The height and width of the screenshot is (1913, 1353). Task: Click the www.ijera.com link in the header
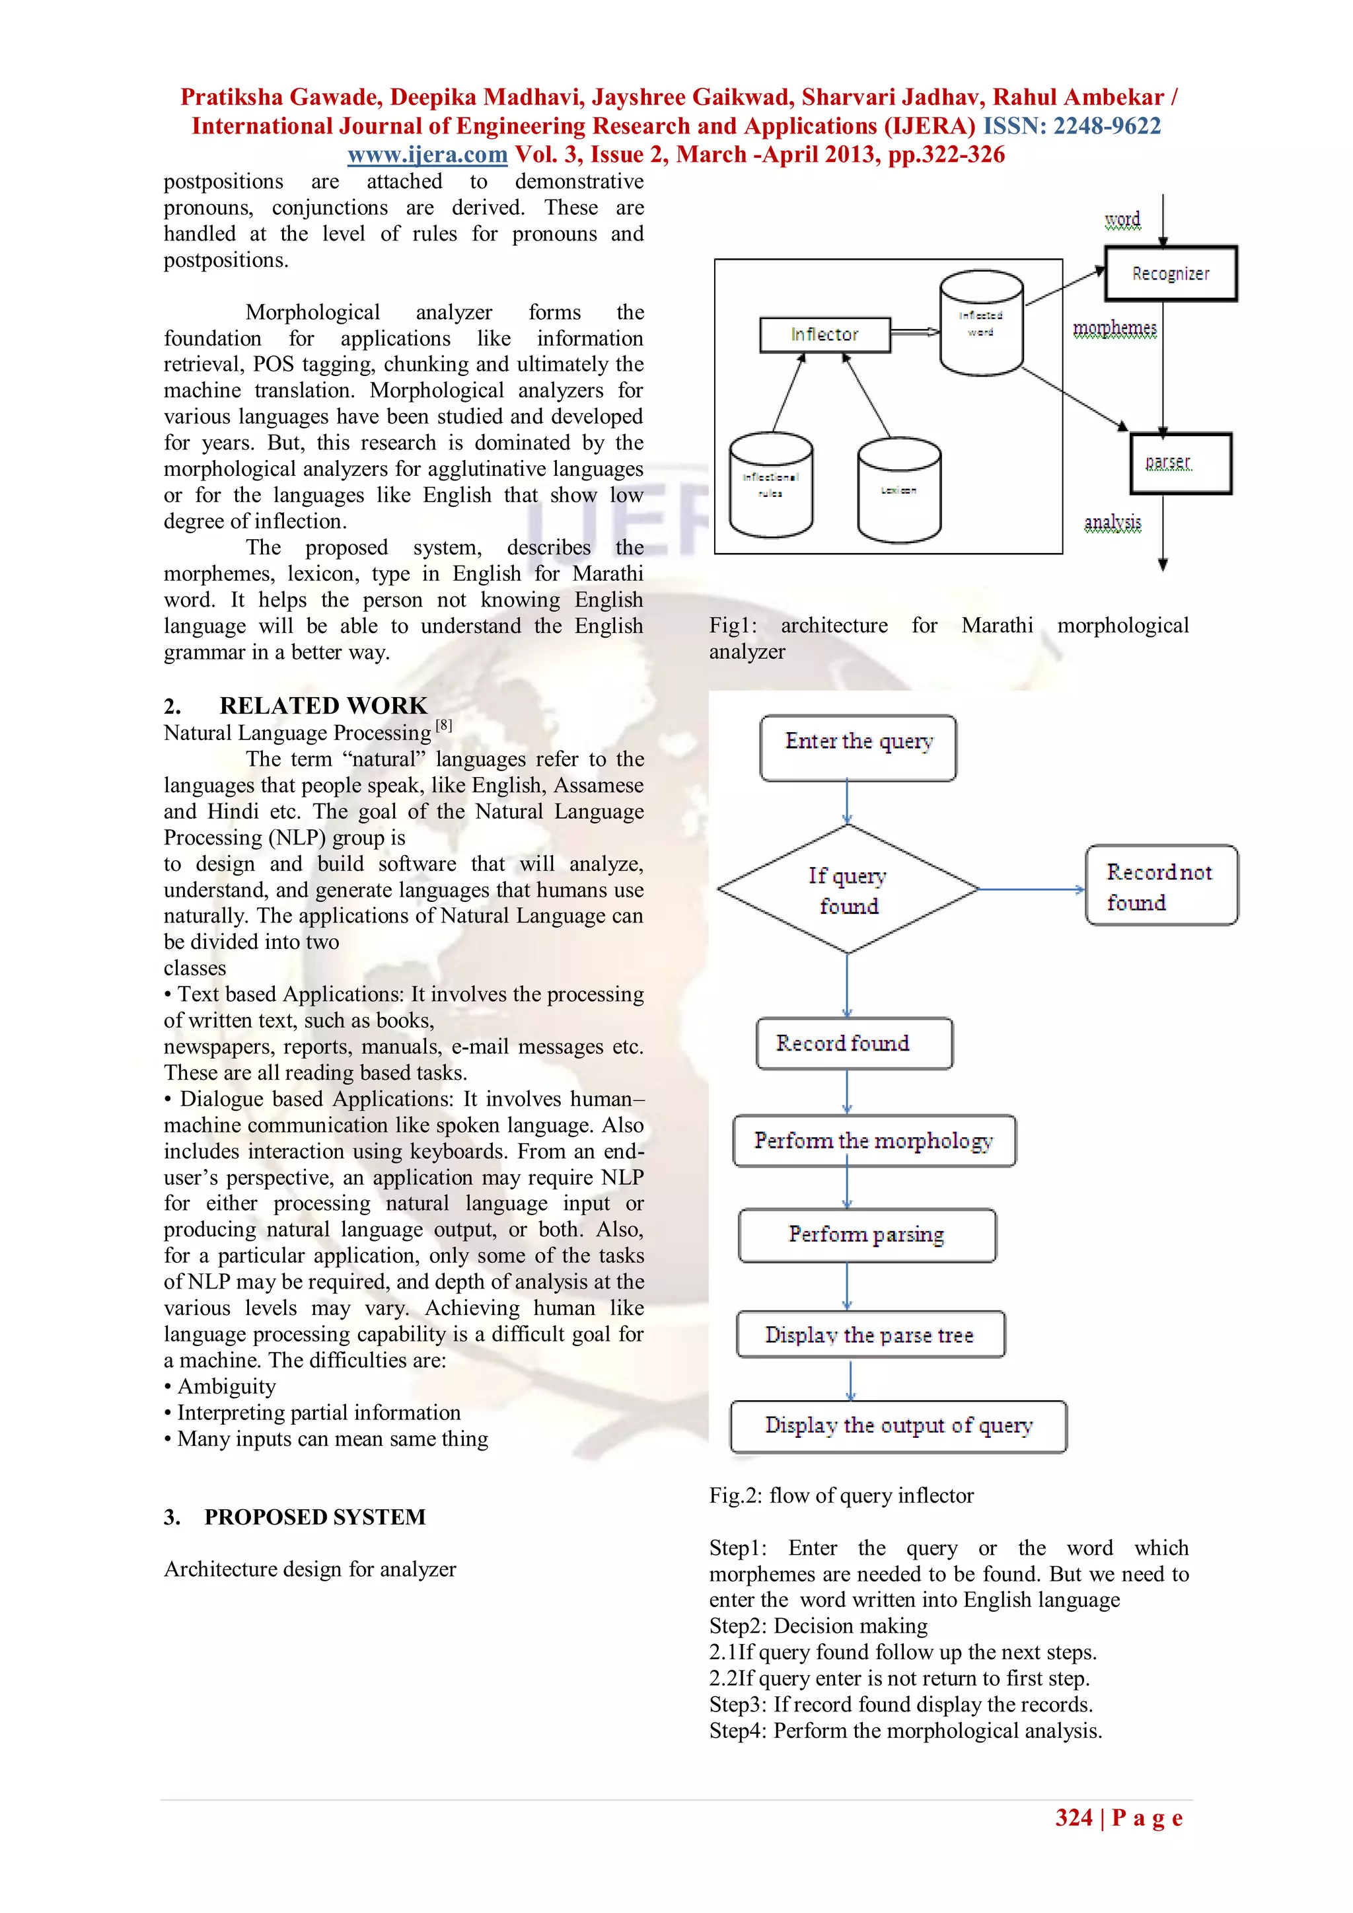point(427,155)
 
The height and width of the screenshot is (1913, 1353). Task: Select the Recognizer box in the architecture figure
point(1170,274)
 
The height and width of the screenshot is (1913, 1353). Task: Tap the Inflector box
point(824,335)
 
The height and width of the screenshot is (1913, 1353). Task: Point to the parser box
point(1180,463)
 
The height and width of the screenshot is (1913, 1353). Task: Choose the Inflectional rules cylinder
point(771,486)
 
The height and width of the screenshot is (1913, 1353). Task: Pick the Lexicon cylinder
point(899,491)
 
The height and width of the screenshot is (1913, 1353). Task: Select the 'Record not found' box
point(1161,887)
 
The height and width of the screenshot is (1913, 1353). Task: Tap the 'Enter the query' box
point(858,747)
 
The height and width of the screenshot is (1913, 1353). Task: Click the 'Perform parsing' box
point(867,1235)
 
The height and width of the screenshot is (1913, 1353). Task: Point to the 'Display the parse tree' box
point(870,1335)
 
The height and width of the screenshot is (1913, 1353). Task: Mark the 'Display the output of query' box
point(898,1427)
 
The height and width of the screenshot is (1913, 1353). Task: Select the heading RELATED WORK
point(322,706)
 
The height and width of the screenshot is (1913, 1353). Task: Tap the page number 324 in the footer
point(1073,1818)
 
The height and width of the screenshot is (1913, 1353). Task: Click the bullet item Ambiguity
point(226,1386)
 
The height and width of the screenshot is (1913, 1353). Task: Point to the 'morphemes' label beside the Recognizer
point(1114,328)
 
